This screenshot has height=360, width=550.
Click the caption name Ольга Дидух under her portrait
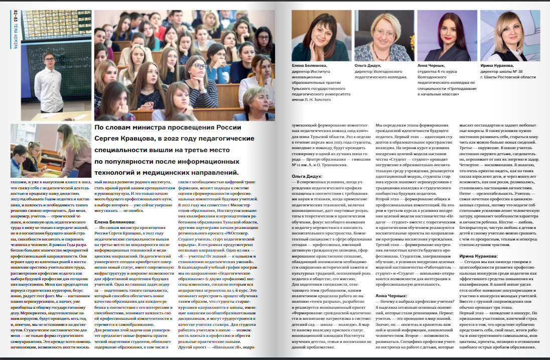(368, 65)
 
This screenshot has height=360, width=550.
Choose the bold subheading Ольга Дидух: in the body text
(307, 176)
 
